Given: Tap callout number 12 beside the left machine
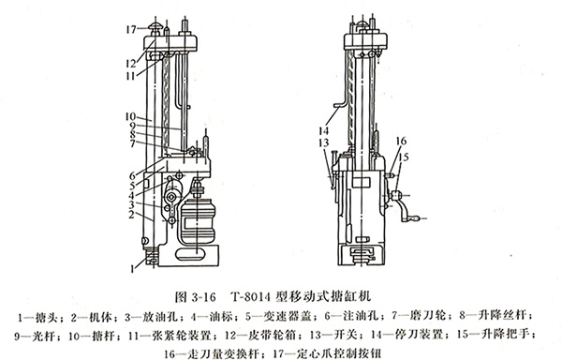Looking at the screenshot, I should click(134, 61).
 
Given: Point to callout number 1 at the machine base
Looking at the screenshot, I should click(133, 266).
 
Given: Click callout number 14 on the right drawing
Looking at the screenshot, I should click(321, 127).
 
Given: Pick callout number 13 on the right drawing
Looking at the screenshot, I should click(321, 142).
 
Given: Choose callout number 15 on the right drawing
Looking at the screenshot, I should click(398, 157).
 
